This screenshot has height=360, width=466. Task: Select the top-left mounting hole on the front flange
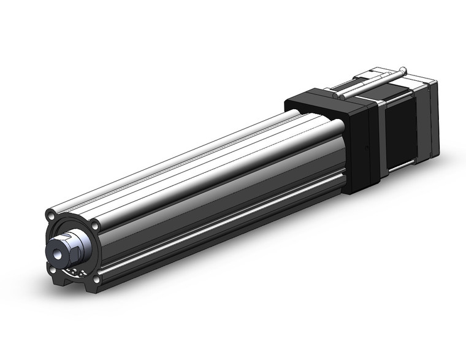click(x=51, y=216)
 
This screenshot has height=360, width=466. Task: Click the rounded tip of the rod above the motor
click(x=402, y=68)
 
